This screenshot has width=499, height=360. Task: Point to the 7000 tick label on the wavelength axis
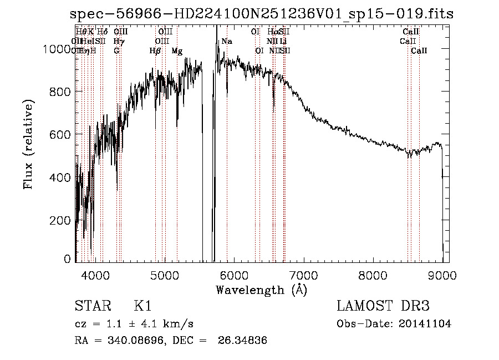303,274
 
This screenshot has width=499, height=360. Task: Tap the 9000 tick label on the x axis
442,274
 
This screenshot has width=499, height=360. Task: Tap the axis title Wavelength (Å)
261,290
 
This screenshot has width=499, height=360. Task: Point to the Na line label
227,42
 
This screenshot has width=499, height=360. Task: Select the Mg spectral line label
177,50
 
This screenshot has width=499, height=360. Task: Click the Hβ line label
155,50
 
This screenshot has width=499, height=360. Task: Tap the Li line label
283,42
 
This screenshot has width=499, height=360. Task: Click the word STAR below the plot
91,306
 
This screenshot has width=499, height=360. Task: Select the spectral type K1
142,306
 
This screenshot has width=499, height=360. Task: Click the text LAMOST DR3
383,306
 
